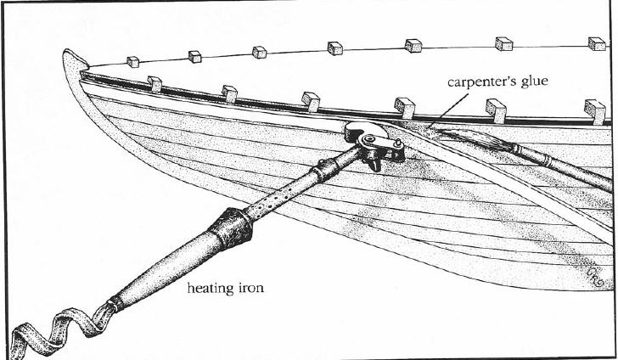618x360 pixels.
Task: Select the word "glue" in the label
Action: click(531, 84)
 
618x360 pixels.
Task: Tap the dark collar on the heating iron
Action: click(228, 229)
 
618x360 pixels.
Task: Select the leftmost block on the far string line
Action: click(132, 61)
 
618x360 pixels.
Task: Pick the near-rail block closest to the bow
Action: click(154, 82)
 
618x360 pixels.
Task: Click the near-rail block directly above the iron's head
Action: click(403, 106)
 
